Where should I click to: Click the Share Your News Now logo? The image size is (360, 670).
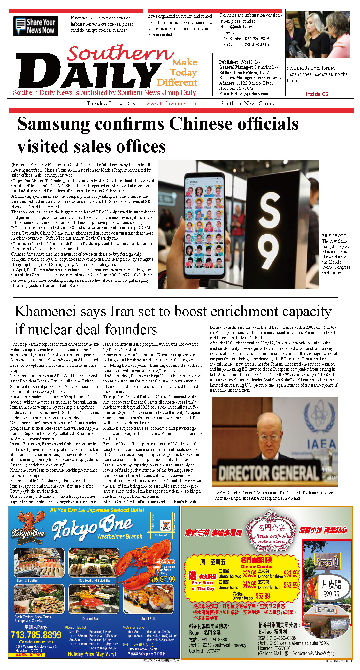click(x=35, y=26)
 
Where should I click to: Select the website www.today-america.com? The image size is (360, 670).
click(x=176, y=104)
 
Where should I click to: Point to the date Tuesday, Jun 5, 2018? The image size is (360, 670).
click(x=111, y=104)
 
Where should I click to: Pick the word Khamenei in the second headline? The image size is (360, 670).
click(x=45, y=311)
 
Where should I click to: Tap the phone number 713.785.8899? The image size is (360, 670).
click(x=36, y=635)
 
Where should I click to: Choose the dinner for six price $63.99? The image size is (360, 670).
click(x=263, y=596)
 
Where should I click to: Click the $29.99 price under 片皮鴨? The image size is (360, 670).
click(x=331, y=595)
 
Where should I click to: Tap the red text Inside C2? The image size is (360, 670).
click(x=317, y=94)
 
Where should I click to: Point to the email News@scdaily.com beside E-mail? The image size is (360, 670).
click(x=251, y=94)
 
